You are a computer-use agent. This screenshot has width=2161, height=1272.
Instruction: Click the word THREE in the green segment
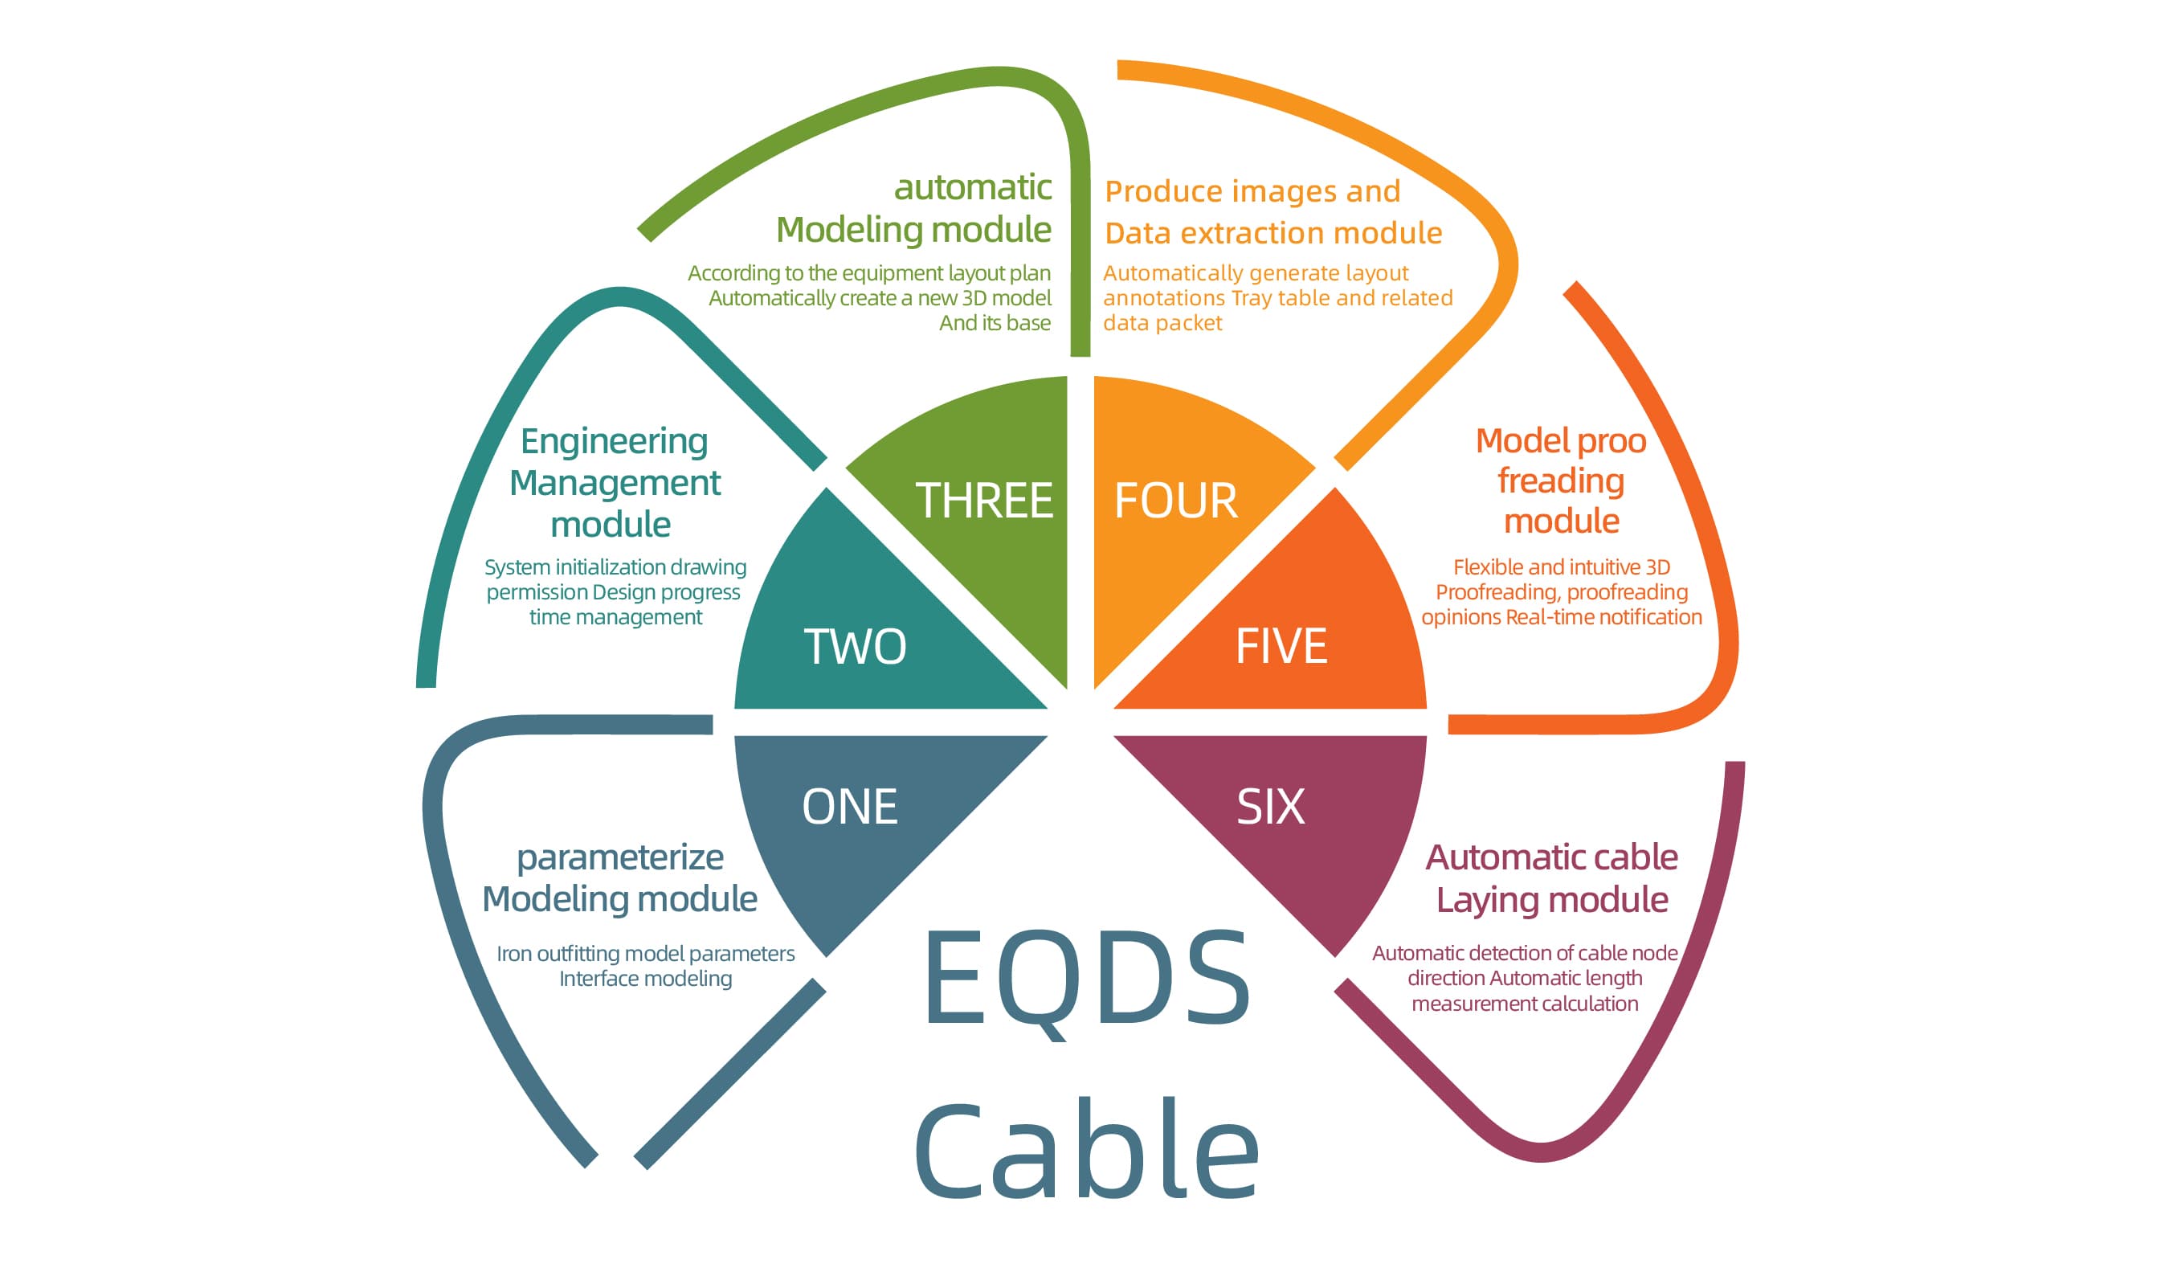[x=983, y=501]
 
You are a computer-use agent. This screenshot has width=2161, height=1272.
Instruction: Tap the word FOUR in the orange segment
[x=1175, y=501]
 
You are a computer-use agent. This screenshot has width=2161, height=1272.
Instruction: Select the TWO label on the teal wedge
[x=855, y=647]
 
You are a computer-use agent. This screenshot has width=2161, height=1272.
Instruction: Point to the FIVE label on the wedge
[x=1281, y=646]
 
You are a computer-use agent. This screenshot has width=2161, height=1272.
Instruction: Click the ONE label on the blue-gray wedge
[x=850, y=807]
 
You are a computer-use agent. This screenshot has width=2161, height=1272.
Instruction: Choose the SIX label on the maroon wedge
[x=1271, y=807]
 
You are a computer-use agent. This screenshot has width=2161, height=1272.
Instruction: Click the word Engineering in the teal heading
[x=614, y=443]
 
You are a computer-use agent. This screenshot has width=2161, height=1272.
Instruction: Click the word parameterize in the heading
[x=620, y=857]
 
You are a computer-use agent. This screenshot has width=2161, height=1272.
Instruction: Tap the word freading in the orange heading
[x=1561, y=481]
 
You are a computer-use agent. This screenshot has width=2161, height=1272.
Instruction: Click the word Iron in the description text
[x=514, y=954]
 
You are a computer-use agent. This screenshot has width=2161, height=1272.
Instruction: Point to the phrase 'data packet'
[x=1162, y=323]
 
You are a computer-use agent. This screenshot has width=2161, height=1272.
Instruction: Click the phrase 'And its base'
[x=995, y=323]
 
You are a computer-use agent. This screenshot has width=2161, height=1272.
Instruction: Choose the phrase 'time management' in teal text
[x=615, y=618]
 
